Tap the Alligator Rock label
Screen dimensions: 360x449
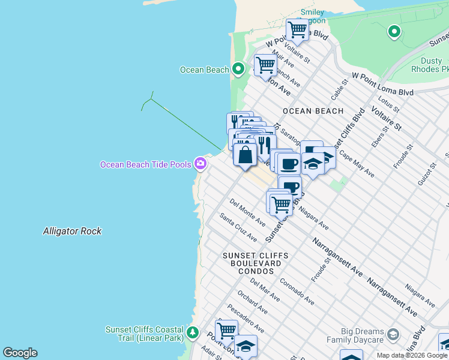tap(72, 231)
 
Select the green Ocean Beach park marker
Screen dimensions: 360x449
tap(238, 70)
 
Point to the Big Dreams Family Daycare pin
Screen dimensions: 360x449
tap(393, 334)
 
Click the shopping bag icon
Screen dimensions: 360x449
tap(245, 155)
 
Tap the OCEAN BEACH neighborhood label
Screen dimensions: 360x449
tap(313, 111)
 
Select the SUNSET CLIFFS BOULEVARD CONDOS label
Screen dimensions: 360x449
tap(255, 263)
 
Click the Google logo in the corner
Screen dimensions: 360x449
tap(20, 353)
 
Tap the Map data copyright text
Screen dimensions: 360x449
tap(412, 355)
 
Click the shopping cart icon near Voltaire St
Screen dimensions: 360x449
tap(297, 29)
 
